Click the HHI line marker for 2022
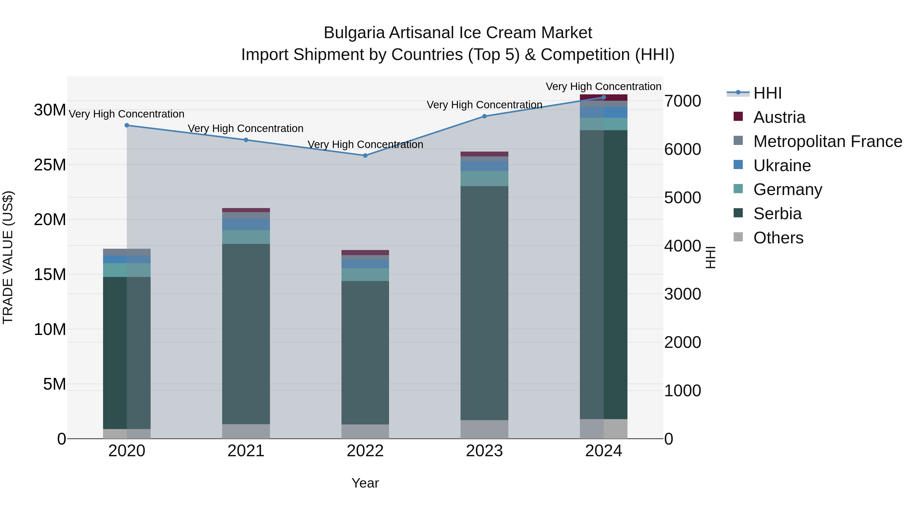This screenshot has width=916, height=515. click(x=365, y=155)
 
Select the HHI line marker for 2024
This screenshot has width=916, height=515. click(x=604, y=97)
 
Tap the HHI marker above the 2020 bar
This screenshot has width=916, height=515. click(x=127, y=125)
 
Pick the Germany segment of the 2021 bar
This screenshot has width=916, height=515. click(x=246, y=237)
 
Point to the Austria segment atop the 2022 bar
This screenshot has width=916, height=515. click(x=365, y=252)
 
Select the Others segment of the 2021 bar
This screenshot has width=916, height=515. click(x=246, y=431)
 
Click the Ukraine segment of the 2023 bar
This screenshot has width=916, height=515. click(x=484, y=166)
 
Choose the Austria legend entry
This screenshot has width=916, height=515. click(x=779, y=117)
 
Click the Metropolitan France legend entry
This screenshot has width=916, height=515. click(x=827, y=141)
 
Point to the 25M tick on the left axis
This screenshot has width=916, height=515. click(x=50, y=165)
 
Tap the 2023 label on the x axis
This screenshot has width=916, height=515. click(x=484, y=451)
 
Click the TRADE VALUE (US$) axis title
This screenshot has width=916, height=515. click(x=8, y=257)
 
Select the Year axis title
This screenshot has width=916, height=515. click(x=365, y=483)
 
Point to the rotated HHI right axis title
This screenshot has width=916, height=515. click(x=710, y=257)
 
